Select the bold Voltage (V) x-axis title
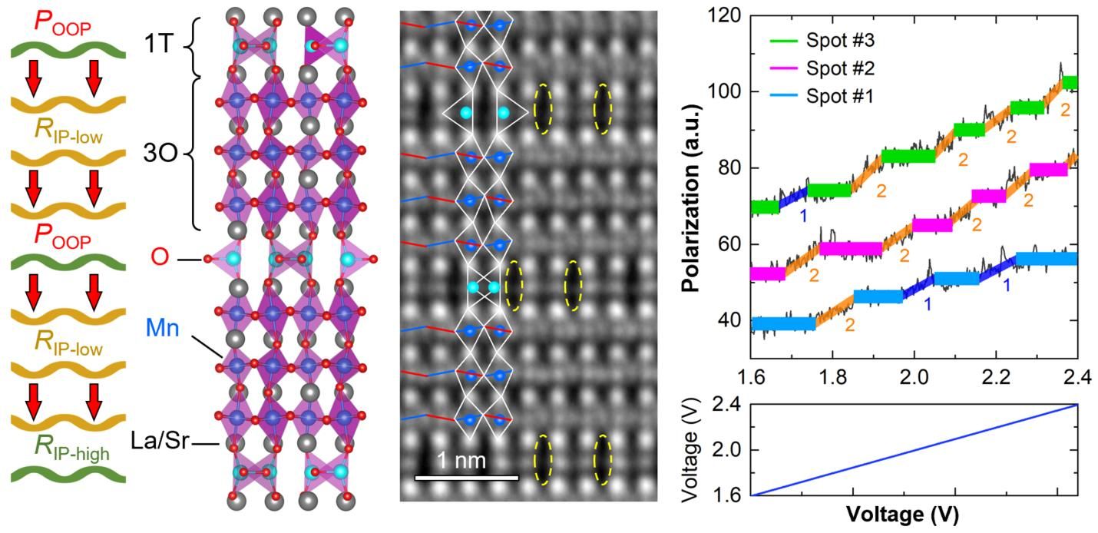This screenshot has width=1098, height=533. coord(902,512)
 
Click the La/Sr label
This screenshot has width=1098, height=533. coord(163,443)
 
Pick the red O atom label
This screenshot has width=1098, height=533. coord(160,258)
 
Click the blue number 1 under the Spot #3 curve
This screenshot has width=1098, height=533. coord(804,216)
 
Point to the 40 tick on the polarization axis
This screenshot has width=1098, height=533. coord(733,321)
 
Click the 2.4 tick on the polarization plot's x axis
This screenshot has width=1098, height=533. coord(1078,379)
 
